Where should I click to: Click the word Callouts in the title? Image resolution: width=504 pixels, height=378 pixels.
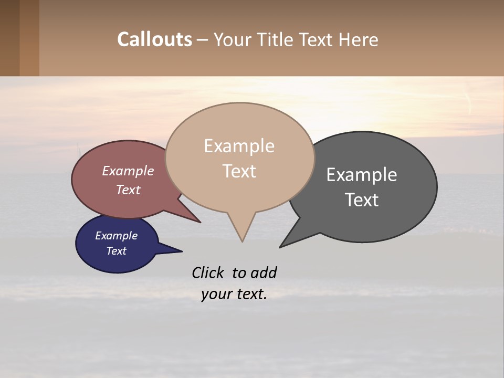(x=154, y=39)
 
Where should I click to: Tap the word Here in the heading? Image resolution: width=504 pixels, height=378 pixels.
(x=359, y=39)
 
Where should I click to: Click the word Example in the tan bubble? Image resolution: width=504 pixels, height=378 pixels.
(x=239, y=146)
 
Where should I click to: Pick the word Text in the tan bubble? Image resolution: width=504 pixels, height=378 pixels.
(x=239, y=171)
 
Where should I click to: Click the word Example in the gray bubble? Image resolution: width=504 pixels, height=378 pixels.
(x=362, y=175)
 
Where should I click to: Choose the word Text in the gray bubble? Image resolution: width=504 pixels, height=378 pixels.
(x=362, y=199)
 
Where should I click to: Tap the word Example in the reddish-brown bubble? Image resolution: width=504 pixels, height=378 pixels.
(x=128, y=171)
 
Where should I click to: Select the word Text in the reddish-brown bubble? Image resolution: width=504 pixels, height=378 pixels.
(x=128, y=190)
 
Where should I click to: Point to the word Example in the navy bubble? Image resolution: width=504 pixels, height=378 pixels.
(x=117, y=236)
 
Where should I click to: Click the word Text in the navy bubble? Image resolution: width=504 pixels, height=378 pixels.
(x=117, y=251)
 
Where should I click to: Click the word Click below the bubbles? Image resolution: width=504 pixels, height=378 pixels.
(x=209, y=272)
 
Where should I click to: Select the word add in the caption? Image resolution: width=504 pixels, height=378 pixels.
(x=264, y=272)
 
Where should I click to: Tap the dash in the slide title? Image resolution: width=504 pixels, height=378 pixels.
(x=203, y=39)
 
